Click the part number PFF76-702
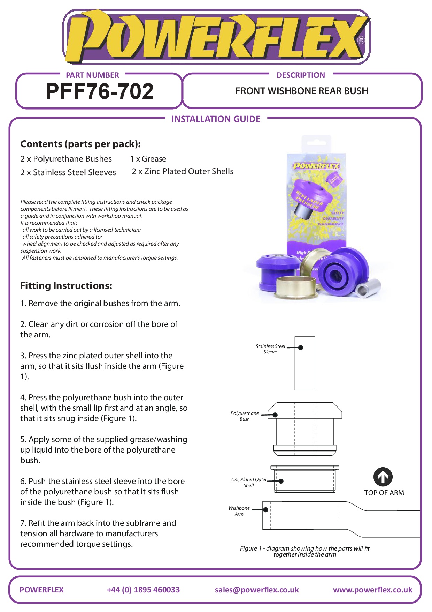click(99, 91)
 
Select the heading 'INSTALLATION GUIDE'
click(216, 119)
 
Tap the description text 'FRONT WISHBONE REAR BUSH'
click(301, 91)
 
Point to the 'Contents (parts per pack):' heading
click(80, 144)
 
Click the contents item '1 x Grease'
click(148, 159)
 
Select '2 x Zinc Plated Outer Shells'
click(182, 171)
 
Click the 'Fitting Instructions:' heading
click(66, 286)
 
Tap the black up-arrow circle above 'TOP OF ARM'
click(383, 477)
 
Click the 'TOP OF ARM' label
click(384, 493)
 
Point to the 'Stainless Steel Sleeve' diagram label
click(270, 349)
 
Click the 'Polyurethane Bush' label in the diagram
click(245, 416)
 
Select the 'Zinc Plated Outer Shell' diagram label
click(249, 482)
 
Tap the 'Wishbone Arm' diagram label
click(239, 511)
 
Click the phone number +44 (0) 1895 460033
click(143, 590)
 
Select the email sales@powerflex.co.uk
click(257, 590)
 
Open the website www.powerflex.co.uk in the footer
click(372, 590)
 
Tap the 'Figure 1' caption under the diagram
click(304, 551)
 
